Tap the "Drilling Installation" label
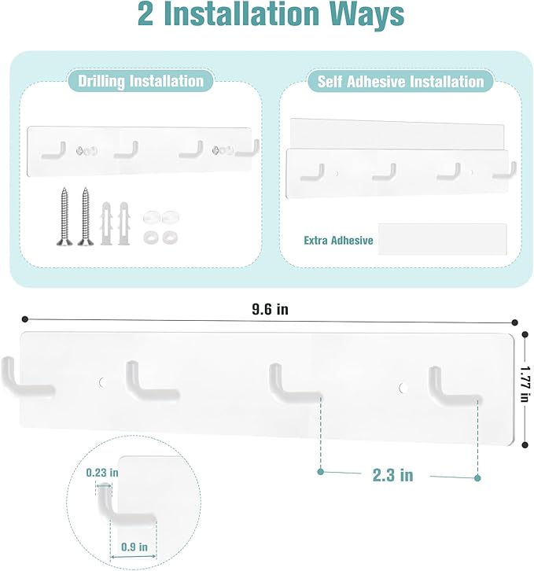[135, 80]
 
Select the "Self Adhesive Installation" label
[400, 81]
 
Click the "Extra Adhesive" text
[338, 240]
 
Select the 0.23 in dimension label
[102, 473]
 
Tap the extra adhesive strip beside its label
[442, 239]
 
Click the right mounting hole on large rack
[403, 387]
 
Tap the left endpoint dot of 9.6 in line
[25, 319]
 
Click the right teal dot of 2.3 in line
[478, 477]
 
